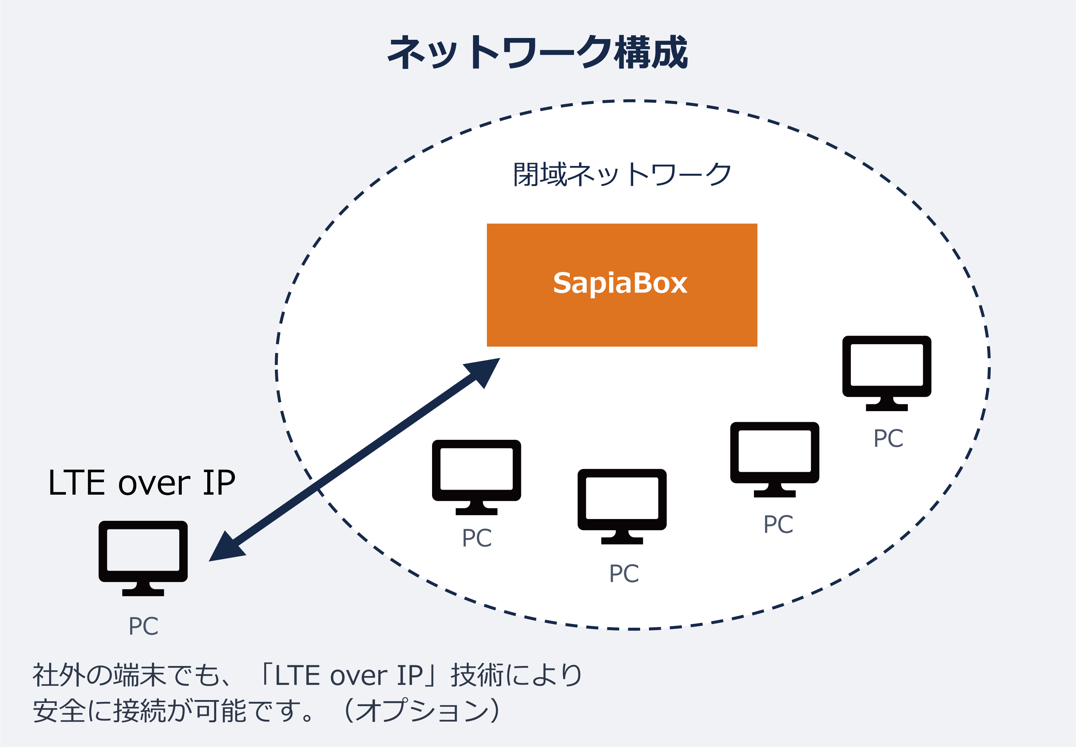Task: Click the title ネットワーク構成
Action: [537, 52]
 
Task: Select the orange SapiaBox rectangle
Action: [622, 285]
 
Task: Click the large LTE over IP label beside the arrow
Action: [141, 483]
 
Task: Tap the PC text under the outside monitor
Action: [143, 626]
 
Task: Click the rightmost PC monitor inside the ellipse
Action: [886, 372]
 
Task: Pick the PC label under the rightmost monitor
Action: [888, 439]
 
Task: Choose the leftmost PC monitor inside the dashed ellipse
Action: [476, 476]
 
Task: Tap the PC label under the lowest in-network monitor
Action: [624, 574]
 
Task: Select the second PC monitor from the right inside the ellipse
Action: [774, 459]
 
